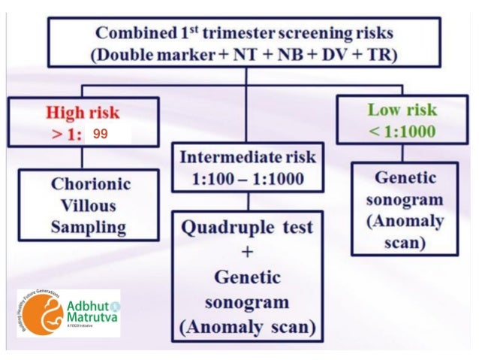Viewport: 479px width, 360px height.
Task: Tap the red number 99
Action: (100, 134)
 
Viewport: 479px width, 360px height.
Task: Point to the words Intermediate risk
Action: (248, 157)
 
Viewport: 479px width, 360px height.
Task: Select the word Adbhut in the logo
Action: (88, 305)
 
